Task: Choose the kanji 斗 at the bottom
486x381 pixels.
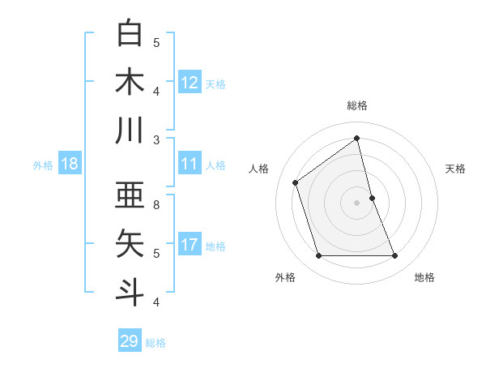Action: coord(130,290)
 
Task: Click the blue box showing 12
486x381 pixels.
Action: coord(190,83)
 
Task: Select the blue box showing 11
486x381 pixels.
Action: coord(190,164)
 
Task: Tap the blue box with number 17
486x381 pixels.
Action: coord(190,245)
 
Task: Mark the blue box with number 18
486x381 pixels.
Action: coord(70,164)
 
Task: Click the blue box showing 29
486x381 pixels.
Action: coord(130,341)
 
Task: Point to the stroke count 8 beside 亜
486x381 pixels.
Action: coord(156,204)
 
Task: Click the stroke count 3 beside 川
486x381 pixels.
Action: coord(156,139)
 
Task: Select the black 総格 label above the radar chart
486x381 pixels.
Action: coord(357,105)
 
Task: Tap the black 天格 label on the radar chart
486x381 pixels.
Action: coord(455,169)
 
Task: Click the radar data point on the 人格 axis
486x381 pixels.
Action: coord(296,182)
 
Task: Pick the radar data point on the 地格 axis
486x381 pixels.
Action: coord(395,256)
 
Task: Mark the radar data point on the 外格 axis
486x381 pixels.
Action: coord(318,256)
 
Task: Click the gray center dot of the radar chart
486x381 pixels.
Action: coord(357,203)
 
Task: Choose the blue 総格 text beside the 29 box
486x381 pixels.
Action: coord(156,342)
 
